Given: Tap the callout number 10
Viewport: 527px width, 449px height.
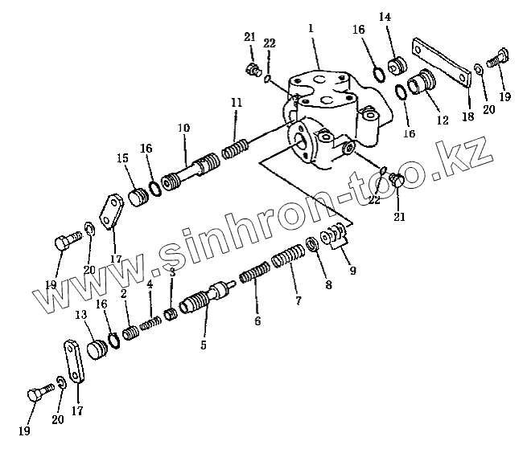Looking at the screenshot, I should tap(184, 128).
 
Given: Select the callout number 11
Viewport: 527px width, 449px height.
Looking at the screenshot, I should tap(236, 103).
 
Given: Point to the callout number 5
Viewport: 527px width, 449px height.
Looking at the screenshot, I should tap(204, 345).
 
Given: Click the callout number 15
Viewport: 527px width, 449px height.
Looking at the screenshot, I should tap(122, 159).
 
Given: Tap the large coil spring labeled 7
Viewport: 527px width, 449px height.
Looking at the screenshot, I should tap(286, 261).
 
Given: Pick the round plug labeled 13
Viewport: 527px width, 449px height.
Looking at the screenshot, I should tap(98, 350).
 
